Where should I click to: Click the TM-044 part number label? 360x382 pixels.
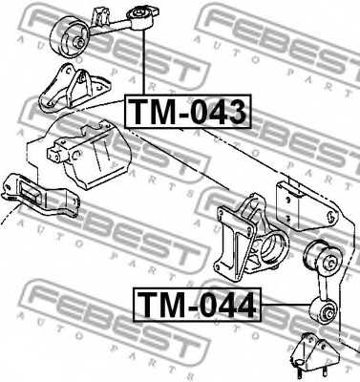(x=195, y=306)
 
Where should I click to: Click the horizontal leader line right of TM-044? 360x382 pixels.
(x=286, y=306)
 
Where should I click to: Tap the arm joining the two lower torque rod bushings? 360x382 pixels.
(x=322, y=284)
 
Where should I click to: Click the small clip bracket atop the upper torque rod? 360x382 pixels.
(x=103, y=12)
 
